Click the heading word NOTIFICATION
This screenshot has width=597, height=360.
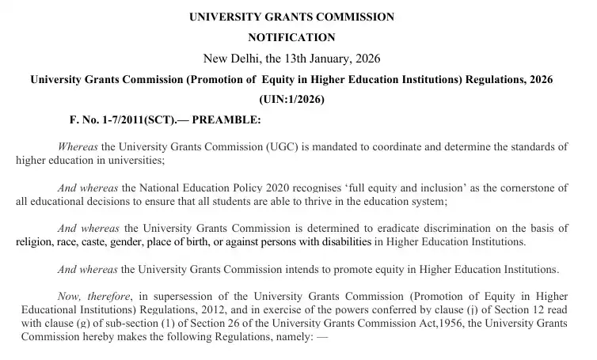(291, 37)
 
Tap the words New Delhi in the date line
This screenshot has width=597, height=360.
(230, 59)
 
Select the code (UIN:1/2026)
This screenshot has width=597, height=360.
(291, 100)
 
